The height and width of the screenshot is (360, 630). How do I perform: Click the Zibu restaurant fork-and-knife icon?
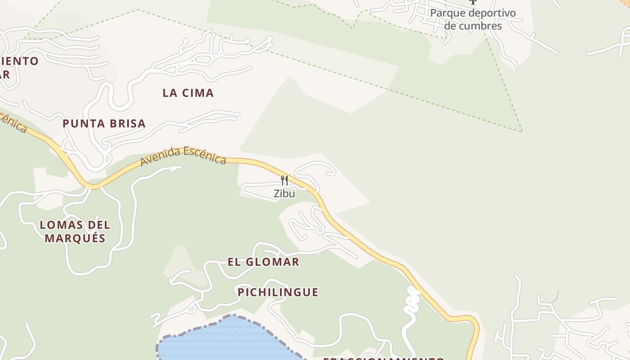click(x=284, y=180)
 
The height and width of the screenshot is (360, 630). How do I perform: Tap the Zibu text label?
click(x=284, y=193)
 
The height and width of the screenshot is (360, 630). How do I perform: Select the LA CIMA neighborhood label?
click(x=188, y=93)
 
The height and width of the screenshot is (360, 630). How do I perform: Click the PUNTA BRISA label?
click(x=104, y=124)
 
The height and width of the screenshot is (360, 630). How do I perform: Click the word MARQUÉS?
click(x=75, y=238)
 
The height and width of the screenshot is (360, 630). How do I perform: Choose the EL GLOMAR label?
click(x=263, y=262)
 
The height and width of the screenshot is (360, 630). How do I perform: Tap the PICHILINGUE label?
click(x=278, y=292)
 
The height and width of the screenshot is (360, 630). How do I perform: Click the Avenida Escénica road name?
click(x=183, y=155)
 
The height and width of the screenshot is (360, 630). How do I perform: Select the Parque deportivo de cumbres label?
click(x=472, y=19)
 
